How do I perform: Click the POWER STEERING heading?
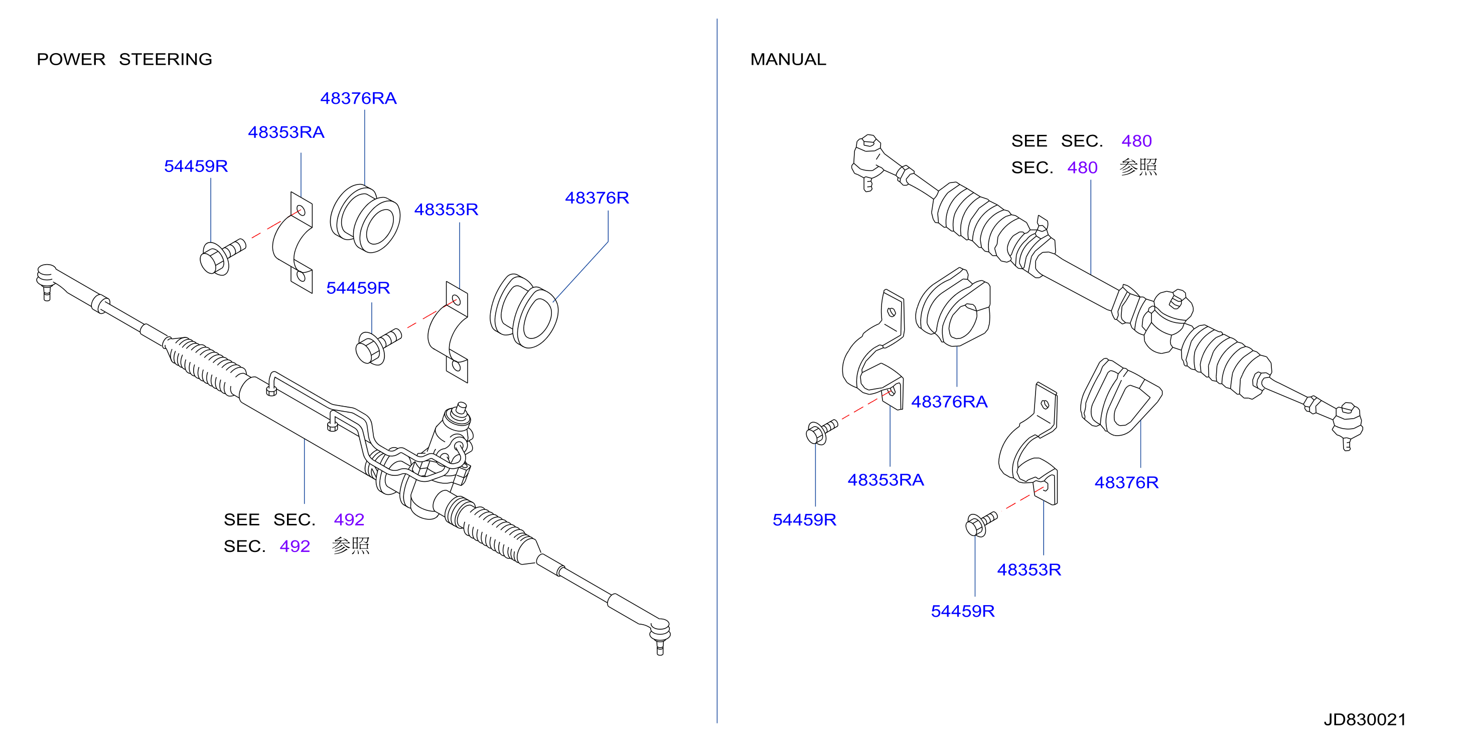tap(124, 59)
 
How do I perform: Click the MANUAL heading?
tap(788, 59)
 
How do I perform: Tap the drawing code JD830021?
tap(1365, 719)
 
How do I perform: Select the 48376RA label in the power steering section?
tap(358, 98)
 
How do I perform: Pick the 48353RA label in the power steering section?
tap(286, 132)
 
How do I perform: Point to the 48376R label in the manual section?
tap(1126, 482)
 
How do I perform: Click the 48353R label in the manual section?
tap(1029, 570)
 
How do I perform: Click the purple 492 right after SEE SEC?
tap(349, 519)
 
